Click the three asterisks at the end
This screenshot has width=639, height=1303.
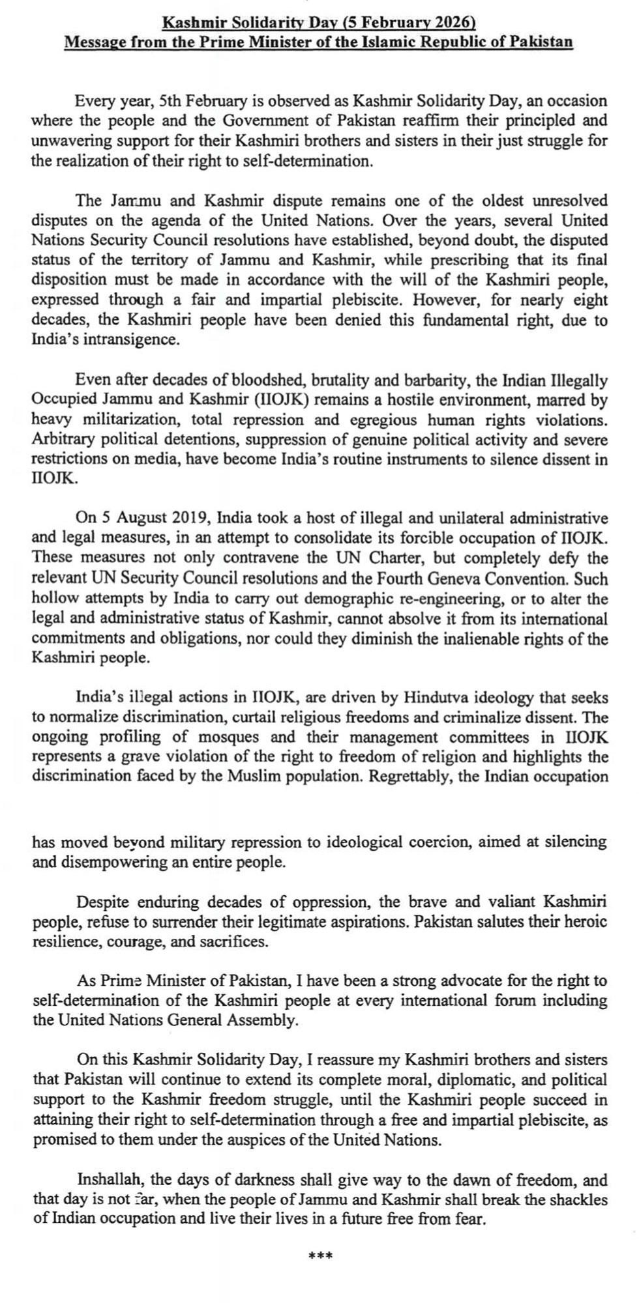(319, 1255)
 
